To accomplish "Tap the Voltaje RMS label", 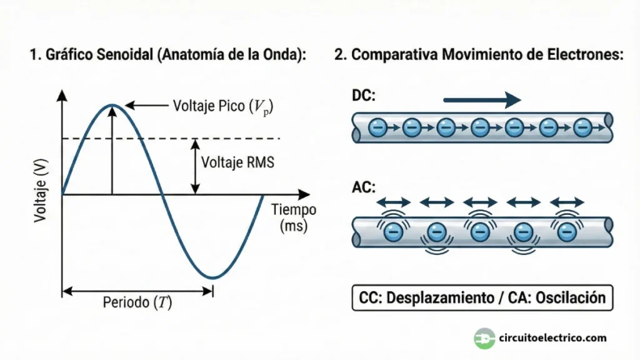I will pos(237,162).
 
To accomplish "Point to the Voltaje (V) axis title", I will pos(39,191).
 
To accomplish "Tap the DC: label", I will pos(364,96).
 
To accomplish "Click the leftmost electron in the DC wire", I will pos(377,128).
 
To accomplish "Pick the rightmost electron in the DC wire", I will pos(582,128).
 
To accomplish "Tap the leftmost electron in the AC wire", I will pos(392,231).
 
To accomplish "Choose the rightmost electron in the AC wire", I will pos(567,231).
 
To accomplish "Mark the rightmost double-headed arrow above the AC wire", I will pos(566,202).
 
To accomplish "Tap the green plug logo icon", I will pos(484,338).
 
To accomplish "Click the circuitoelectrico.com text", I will pos(552,338).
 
